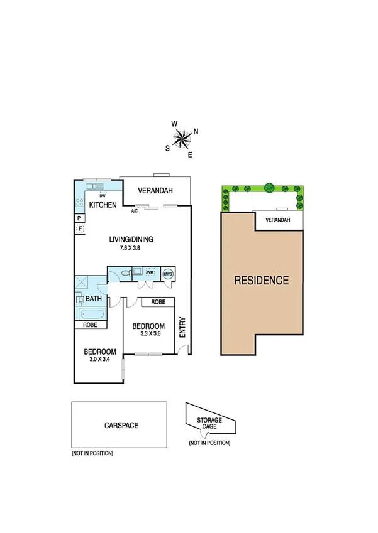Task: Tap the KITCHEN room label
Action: pyautogui.click(x=102, y=205)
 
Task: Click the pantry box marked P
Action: pyautogui.click(x=79, y=218)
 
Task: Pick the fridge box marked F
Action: pyautogui.click(x=80, y=229)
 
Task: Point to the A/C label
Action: pyautogui.click(x=134, y=211)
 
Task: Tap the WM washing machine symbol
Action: pyautogui.click(x=150, y=273)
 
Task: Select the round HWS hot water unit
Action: pyautogui.click(x=168, y=274)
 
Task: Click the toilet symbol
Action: pyautogui.click(x=125, y=274)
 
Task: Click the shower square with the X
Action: pyautogui.click(x=82, y=284)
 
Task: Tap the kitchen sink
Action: pyautogui.click(x=96, y=186)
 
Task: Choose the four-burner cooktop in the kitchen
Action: pyautogui.click(x=80, y=202)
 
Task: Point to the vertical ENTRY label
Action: pyautogui.click(x=182, y=328)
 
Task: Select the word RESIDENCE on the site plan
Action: pyautogui.click(x=261, y=281)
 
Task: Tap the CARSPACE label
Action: pyautogui.click(x=121, y=425)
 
